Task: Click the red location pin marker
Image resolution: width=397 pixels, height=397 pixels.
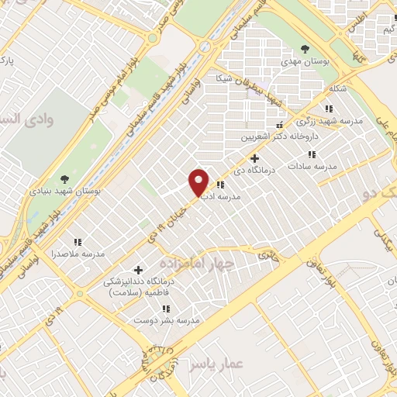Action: coord(199,182)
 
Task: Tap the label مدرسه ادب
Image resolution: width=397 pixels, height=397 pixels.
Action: coord(223,198)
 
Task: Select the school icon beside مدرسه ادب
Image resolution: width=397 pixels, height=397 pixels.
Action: coord(220,185)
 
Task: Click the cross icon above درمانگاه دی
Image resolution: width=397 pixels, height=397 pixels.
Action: coord(255,158)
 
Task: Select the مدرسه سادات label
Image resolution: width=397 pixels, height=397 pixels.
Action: coord(314,167)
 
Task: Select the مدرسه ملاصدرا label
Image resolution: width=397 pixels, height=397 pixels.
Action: coord(78,254)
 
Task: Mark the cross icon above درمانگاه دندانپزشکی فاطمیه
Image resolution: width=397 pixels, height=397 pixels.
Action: coord(139,270)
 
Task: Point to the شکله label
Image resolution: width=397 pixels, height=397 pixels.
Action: coord(337,88)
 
